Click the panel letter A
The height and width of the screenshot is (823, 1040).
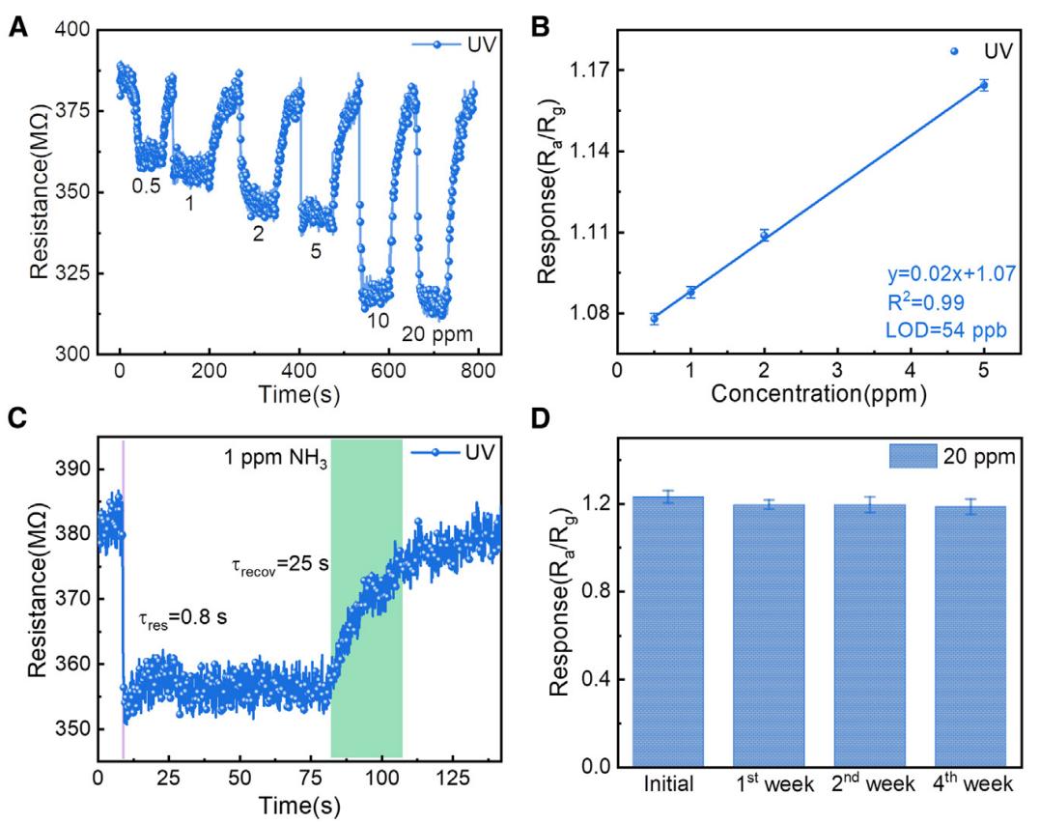tap(17, 29)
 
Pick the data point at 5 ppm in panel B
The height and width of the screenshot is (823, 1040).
tap(983, 85)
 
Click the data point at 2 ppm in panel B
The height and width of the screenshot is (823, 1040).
tap(764, 235)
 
